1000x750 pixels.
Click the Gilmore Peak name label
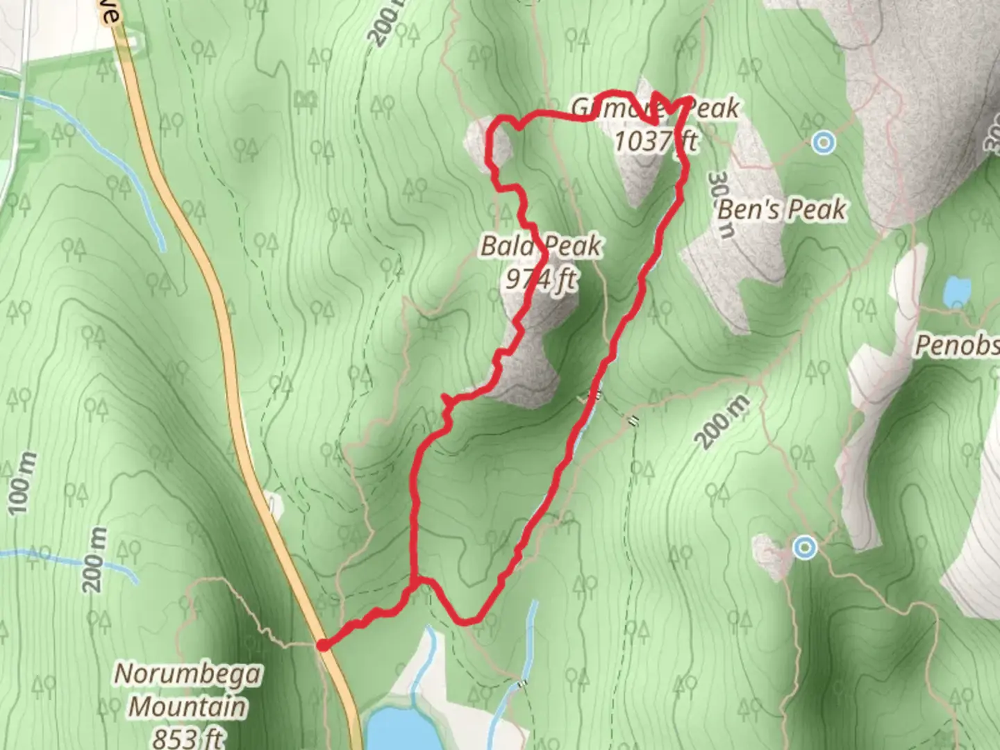click(656, 108)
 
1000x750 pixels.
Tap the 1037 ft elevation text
click(656, 141)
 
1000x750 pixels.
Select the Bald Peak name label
click(540, 246)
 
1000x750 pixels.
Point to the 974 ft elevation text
click(540, 279)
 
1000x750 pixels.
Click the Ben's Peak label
click(782, 209)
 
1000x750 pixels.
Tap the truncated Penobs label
click(957, 344)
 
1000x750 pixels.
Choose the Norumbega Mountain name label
click(187, 690)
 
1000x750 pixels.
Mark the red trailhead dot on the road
click(323, 646)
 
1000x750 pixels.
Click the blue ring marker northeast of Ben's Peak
click(824, 143)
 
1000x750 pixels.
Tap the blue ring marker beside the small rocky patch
click(805, 548)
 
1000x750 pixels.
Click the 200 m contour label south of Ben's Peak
click(722, 422)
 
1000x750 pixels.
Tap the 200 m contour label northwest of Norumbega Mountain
click(97, 560)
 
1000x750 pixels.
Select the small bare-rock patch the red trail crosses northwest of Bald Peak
click(486, 142)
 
